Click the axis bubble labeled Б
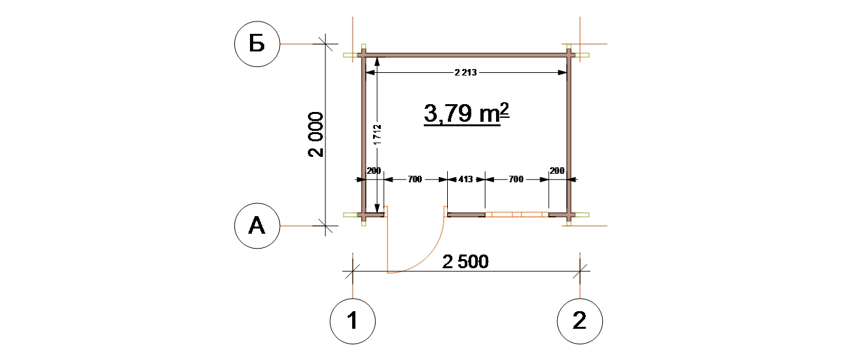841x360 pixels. (x=257, y=44)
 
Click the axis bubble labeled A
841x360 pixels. (x=257, y=226)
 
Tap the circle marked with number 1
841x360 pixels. (x=353, y=322)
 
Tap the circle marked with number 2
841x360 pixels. (x=580, y=322)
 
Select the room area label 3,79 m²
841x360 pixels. (x=466, y=113)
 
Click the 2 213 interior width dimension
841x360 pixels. (x=465, y=72)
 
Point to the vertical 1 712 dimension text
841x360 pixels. (x=378, y=135)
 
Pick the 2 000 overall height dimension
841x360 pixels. (x=316, y=134)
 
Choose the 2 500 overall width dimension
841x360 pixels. (x=465, y=262)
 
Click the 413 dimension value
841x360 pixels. (x=465, y=179)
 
